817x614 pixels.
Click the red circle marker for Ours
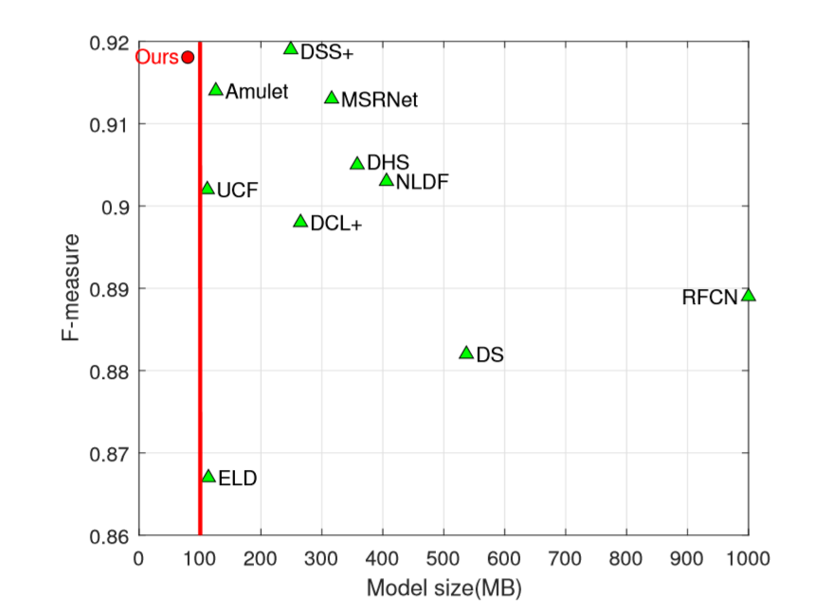point(188,57)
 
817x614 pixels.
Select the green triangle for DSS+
point(291,48)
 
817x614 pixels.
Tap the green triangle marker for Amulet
point(216,90)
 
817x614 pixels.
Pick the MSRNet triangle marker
point(332,98)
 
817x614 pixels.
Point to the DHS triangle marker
point(357,164)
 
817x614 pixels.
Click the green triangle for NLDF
point(387,180)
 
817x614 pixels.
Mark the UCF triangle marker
point(208,189)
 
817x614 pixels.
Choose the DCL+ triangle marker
point(301,222)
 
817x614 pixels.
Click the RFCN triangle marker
point(749,296)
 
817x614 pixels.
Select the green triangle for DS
point(466,352)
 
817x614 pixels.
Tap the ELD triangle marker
point(209,476)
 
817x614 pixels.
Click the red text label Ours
point(157,58)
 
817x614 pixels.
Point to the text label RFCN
point(710,298)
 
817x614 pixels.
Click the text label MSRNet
point(379,99)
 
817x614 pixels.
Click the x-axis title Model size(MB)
point(444,587)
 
